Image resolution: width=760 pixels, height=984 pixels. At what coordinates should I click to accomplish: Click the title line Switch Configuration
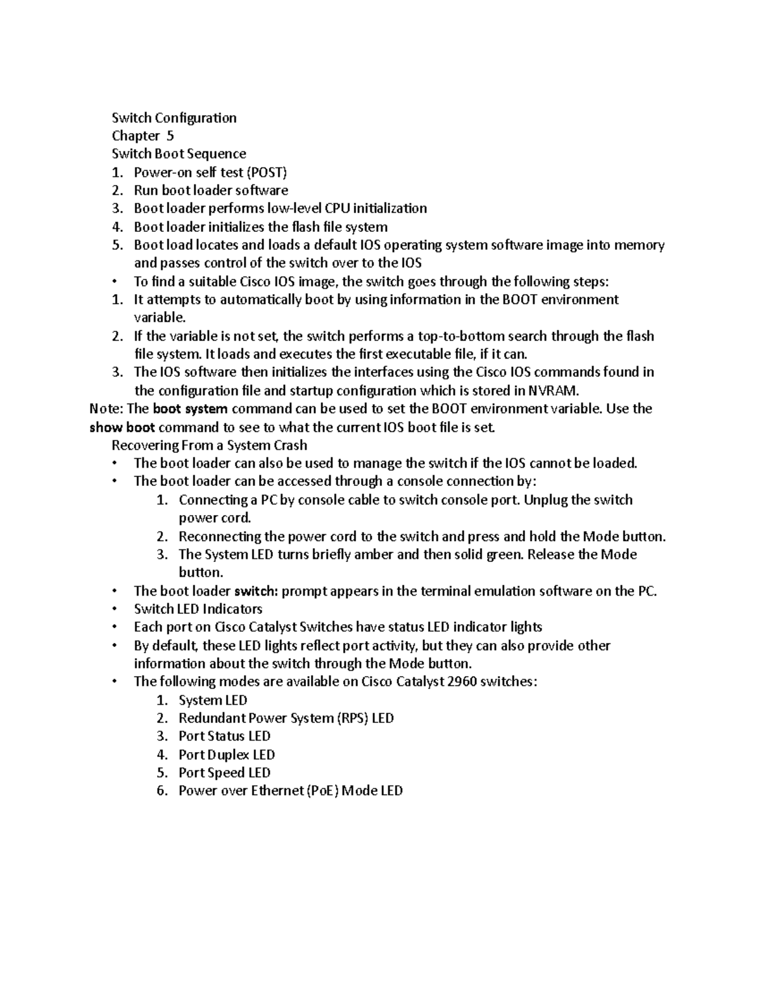pos(174,118)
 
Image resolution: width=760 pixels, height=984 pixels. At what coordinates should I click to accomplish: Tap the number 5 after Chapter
pos(170,136)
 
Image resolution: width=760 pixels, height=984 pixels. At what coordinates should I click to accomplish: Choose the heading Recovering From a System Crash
pos(209,445)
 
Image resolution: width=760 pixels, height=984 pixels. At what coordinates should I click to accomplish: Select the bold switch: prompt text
pos(256,591)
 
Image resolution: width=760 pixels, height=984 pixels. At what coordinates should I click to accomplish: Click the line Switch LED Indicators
pos(198,609)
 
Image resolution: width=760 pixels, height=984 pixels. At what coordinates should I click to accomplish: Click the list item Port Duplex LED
pos(227,755)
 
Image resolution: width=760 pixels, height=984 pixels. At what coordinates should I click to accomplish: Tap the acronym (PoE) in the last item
pos(322,791)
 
